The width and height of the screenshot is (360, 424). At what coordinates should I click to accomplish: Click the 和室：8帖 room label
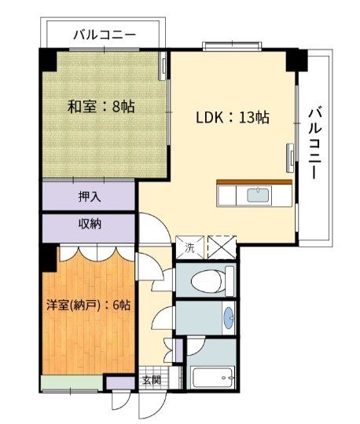101,107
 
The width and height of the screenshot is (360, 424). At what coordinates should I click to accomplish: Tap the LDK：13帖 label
233,117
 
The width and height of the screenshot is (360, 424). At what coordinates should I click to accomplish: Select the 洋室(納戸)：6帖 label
88,305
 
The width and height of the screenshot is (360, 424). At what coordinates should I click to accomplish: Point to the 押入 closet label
90,196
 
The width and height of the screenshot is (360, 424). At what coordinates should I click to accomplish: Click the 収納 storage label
90,224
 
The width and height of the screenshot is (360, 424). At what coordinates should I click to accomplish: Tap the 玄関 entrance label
152,380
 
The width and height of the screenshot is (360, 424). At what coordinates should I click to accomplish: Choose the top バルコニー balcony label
105,35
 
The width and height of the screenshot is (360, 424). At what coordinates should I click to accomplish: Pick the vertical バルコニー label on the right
315,143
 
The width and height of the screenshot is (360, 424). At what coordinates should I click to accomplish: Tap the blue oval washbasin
230,318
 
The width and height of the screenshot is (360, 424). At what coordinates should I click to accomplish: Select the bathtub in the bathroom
212,378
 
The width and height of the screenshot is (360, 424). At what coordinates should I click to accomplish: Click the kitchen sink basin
259,195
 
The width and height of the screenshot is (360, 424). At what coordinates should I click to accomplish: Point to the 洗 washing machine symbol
189,247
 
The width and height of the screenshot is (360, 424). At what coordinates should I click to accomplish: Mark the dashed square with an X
222,247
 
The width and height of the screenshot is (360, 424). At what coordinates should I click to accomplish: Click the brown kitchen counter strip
255,182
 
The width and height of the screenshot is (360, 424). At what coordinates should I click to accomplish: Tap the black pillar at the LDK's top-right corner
296,60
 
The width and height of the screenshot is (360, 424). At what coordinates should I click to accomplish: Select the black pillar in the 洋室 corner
49,258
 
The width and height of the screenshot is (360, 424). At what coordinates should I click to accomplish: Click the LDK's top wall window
232,46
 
